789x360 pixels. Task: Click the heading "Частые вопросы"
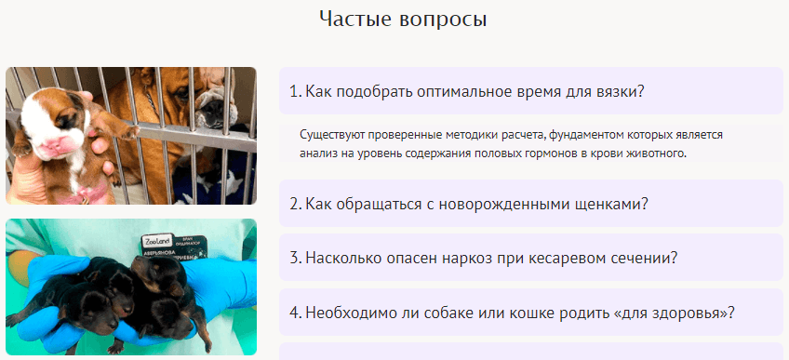pyautogui.click(x=403, y=20)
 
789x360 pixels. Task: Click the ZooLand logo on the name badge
pyautogui.click(x=156, y=241)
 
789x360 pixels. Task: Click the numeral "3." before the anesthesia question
pyautogui.click(x=295, y=259)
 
